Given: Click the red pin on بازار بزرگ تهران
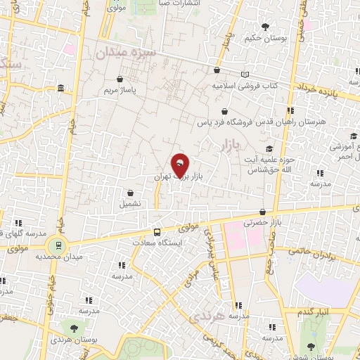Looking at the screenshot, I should click(x=181, y=164).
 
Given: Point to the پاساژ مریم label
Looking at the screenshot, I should click(x=118, y=91).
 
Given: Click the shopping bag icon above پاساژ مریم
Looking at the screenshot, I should click(x=120, y=79).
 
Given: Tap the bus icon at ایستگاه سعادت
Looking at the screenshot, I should click(x=157, y=232).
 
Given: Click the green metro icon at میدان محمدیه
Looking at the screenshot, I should click(x=56, y=245).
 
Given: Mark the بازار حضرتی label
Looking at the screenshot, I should click(x=257, y=222).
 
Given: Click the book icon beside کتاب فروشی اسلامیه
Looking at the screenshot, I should click(x=245, y=75).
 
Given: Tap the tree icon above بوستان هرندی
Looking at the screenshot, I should click(x=73, y=328).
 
